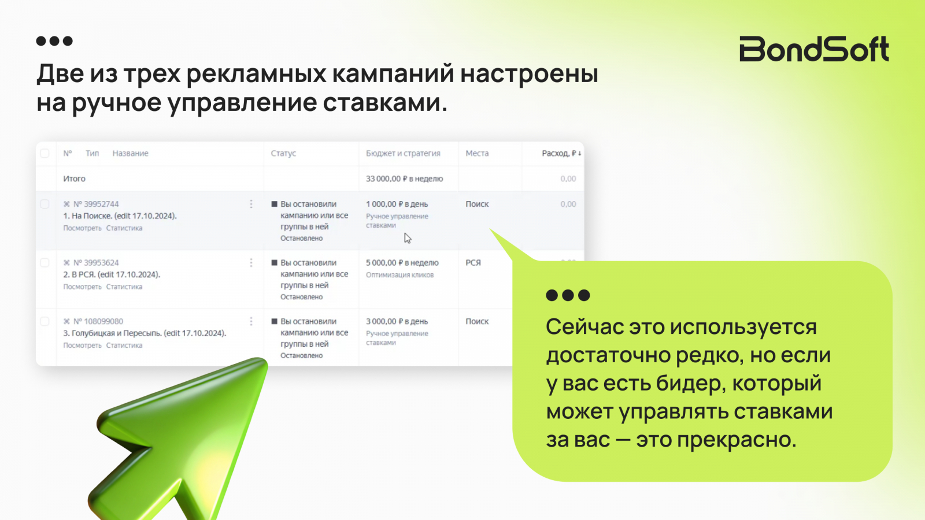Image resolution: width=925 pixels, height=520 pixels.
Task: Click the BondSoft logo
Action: [x=813, y=49]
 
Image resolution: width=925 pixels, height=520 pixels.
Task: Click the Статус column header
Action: [x=283, y=153]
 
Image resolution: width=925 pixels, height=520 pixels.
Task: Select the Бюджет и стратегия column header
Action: [x=403, y=153]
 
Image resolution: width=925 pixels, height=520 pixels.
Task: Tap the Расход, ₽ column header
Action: [x=561, y=153]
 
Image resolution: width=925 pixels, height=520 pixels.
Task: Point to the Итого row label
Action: [x=75, y=179]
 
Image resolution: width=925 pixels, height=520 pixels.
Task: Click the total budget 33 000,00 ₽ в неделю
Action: [x=404, y=179]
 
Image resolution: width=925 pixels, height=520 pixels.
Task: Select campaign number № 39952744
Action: [x=96, y=204]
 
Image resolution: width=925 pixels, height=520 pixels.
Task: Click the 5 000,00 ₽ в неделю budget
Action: [x=402, y=262]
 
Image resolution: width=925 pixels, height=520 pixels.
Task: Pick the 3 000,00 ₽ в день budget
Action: [x=397, y=321]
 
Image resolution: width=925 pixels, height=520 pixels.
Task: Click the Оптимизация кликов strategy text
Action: [x=399, y=275]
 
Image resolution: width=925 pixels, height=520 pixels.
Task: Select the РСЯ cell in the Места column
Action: [x=473, y=262]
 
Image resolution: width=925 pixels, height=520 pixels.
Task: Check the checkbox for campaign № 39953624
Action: [x=45, y=262]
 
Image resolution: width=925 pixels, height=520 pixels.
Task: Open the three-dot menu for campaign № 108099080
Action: [x=251, y=321]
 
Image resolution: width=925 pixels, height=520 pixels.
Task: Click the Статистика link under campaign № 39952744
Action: [x=124, y=228]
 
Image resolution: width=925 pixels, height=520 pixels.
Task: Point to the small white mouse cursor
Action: [x=407, y=238]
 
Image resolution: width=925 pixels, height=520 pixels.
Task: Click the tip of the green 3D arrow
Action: [x=265, y=361]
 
